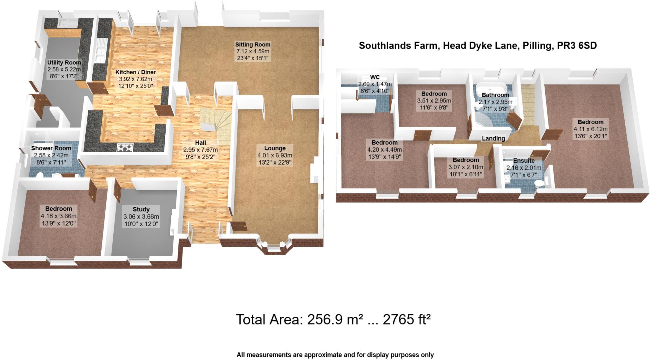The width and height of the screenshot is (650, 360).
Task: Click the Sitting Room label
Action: coord(253,45)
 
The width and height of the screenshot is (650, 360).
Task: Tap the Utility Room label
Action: coord(64,62)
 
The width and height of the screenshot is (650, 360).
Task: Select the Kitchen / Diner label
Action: coord(136,72)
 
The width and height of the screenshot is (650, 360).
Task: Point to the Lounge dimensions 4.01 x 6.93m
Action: coord(275,155)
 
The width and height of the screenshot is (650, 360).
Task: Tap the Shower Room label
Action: coord(51,148)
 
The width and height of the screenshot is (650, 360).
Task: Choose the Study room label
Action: coord(141,209)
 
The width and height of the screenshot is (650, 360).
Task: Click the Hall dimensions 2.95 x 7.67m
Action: coord(201,150)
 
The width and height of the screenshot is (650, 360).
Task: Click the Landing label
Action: coord(493,138)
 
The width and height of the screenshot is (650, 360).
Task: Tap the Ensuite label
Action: coord(524,160)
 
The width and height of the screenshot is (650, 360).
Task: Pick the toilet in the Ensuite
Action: coord(539,184)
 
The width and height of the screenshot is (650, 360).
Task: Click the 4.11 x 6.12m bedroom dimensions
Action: coord(590,129)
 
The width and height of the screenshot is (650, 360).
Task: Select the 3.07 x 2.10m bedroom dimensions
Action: coord(466,167)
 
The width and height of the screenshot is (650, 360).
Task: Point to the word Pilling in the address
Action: coord(537,46)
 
